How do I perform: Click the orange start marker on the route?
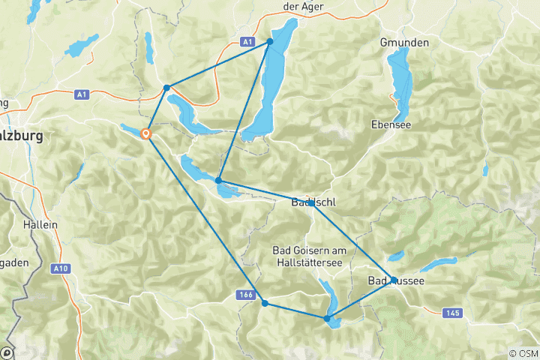coord(145,134)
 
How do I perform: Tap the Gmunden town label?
coord(404,43)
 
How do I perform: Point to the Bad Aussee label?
coord(396,281)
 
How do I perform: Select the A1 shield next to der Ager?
coord(247,43)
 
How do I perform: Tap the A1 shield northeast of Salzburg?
coord(83,94)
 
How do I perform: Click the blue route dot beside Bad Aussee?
coord(394,280)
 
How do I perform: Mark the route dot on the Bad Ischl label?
coord(310,202)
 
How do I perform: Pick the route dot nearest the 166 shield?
coord(265,303)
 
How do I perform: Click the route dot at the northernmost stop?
coord(270,41)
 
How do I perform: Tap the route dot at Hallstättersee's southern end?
coord(326,319)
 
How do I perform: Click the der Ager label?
coord(282,6)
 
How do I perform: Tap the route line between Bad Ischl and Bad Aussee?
coord(352,241)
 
